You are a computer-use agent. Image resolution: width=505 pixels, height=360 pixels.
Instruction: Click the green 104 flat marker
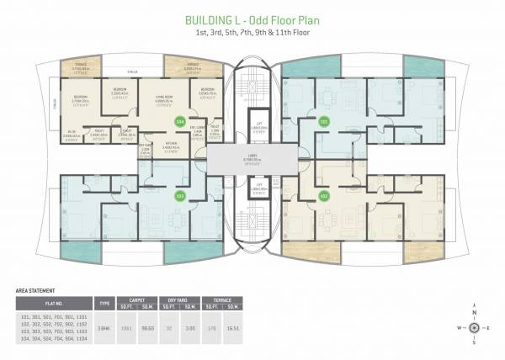click(178, 123)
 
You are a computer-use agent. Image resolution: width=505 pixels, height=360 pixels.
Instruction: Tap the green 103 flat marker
click(178, 195)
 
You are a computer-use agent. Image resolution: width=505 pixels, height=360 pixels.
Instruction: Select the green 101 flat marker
click(325, 123)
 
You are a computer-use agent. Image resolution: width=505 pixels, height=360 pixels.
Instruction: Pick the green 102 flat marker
click(325, 195)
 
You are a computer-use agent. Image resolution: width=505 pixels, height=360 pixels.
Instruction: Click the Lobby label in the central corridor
click(252, 157)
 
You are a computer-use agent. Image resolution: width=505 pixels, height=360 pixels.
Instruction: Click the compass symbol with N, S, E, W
click(476, 327)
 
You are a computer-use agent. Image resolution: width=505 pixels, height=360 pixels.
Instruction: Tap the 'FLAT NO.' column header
click(52, 302)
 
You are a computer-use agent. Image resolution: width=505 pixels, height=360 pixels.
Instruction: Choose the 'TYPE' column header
click(105, 302)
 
